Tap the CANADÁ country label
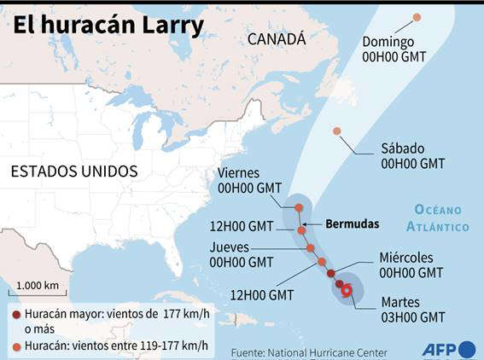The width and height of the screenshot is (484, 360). tap(276, 39)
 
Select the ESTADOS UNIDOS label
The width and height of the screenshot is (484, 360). tap(73, 171)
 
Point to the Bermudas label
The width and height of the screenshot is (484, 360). tap(352, 224)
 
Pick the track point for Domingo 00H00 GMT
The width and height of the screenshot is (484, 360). tap(417, 17)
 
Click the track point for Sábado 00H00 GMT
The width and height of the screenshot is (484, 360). tap(337, 131)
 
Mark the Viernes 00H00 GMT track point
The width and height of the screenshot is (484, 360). tap(299, 207)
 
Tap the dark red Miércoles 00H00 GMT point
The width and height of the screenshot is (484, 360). tap(331, 273)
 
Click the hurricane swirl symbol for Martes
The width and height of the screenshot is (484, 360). tap(347, 291)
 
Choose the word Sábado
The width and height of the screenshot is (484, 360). tap(402, 148)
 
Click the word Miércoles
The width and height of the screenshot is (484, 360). tap(406, 258)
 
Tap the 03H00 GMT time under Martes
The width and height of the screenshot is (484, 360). tap(412, 316)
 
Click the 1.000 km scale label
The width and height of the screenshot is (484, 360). tap(37, 285)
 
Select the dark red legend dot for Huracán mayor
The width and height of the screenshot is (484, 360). tap(15, 315)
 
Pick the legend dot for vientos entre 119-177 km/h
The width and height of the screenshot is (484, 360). tap(15, 345)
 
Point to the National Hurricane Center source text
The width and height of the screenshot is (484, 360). tap(327, 351)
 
